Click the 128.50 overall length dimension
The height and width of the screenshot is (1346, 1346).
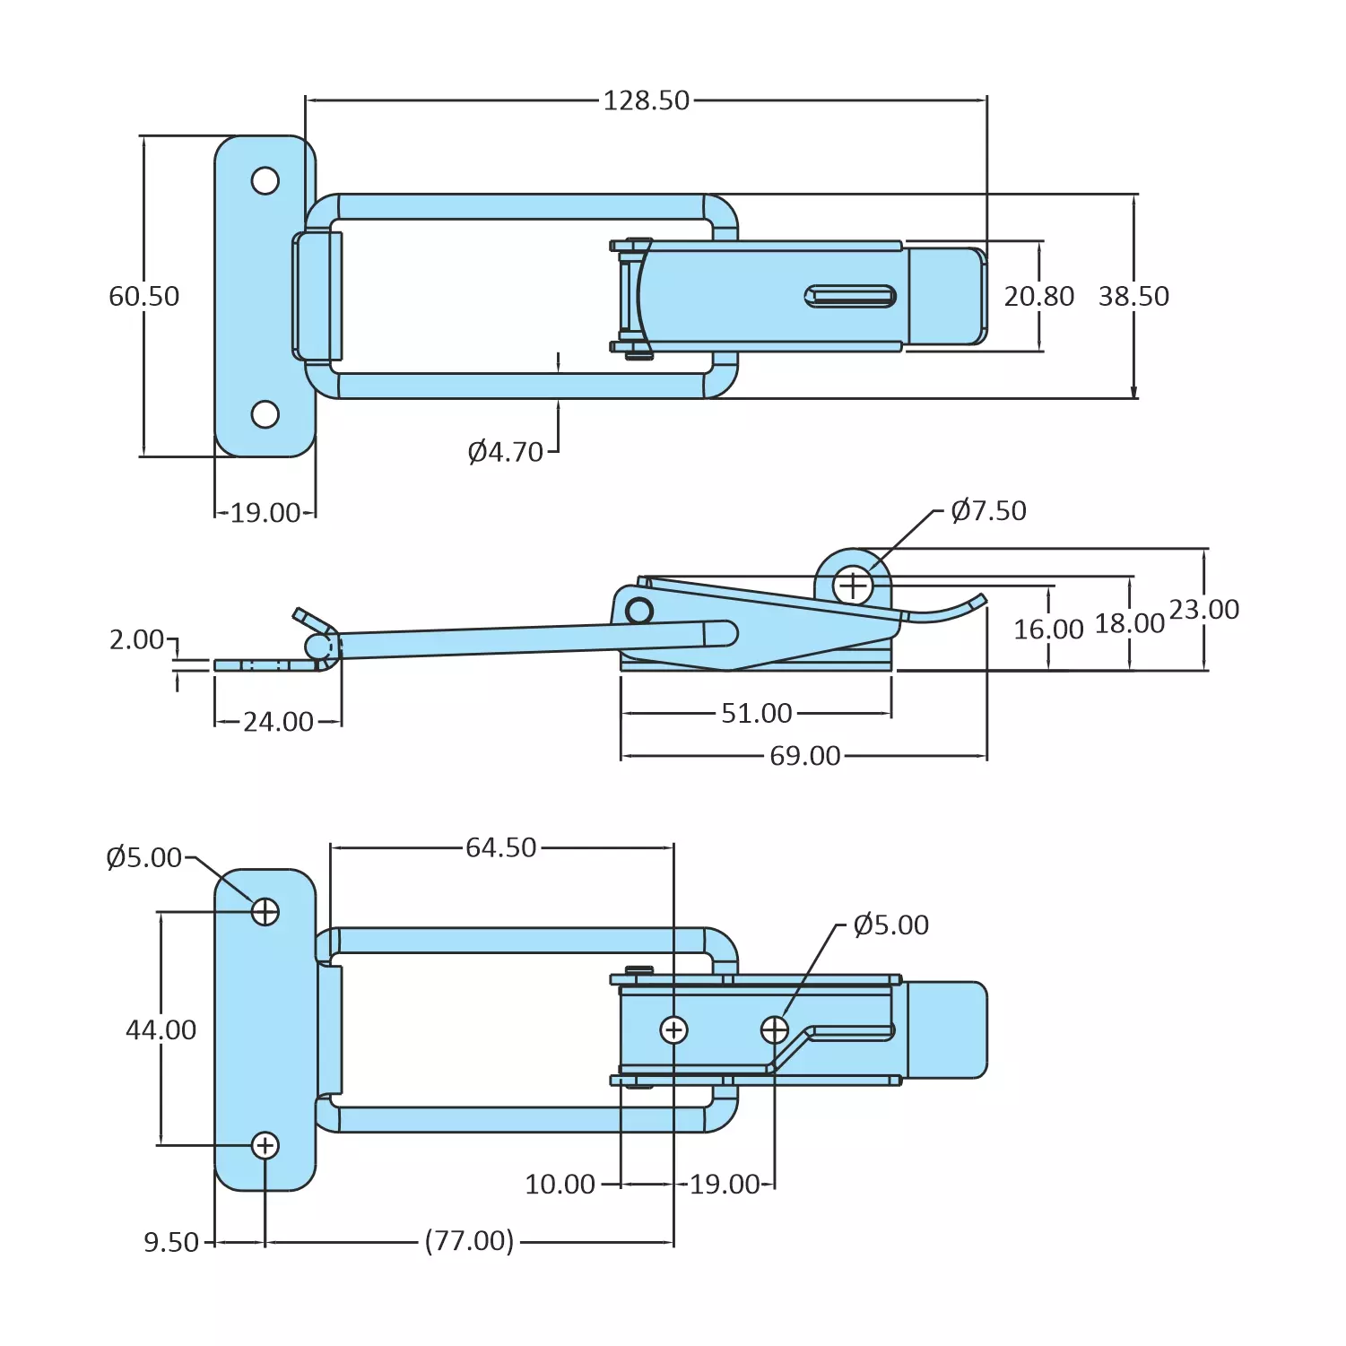tap(646, 100)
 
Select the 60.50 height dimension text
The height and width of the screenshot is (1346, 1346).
tap(143, 296)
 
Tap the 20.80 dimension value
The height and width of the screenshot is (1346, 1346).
tap(1038, 296)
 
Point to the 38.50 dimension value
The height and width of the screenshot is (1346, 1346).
tap(1133, 296)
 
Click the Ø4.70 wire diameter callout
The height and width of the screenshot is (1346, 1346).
tap(506, 452)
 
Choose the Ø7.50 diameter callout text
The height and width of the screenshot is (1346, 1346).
tap(988, 510)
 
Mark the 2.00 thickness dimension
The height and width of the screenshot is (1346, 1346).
tap(136, 639)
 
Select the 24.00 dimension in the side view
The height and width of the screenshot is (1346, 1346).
tap(278, 722)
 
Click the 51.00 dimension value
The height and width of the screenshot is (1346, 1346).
tap(756, 713)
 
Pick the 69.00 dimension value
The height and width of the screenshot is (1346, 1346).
tap(804, 756)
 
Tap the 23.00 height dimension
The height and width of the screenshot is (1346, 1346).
tap(1203, 610)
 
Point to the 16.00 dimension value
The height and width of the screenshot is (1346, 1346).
tap(1047, 630)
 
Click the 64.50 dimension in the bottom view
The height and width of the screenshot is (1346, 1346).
tap(500, 847)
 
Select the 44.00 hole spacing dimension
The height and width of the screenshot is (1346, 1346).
tap(161, 1029)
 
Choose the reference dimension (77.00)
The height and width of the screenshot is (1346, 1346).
tap(469, 1241)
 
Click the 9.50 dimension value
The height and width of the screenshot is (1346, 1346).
tap(171, 1242)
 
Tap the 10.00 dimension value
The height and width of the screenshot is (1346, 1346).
tap(560, 1184)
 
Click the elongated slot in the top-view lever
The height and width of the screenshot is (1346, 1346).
tap(850, 296)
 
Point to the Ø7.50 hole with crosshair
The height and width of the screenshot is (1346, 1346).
tap(852, 586)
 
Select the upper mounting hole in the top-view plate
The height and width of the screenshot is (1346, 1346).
tap(265, 180)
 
